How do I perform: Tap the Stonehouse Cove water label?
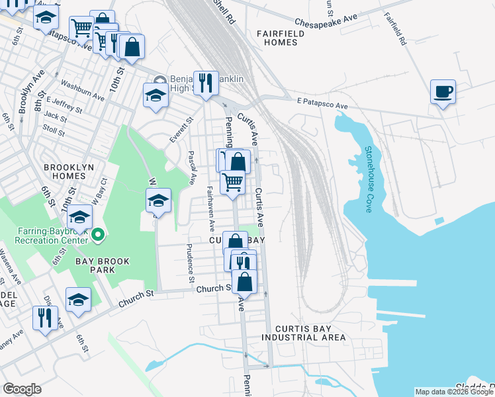point(368,179)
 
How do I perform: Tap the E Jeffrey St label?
point(64,105)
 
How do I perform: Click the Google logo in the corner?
point(22,389)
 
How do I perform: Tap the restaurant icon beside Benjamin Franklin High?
point(205,83)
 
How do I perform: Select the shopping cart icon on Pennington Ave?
point(232,181)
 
